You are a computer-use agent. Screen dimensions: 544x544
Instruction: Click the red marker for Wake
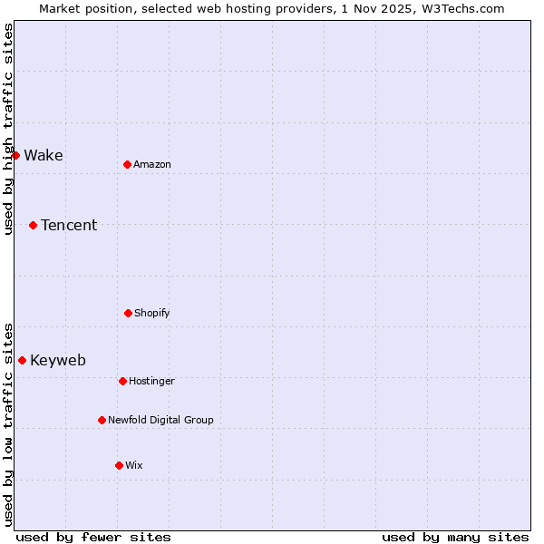[15, 155]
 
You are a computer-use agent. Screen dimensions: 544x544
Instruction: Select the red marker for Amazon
[127, 164]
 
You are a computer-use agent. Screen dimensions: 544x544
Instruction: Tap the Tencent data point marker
[33, 225]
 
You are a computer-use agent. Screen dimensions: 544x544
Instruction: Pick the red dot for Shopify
[128, 313]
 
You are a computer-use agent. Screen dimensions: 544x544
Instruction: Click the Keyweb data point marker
[22, 360]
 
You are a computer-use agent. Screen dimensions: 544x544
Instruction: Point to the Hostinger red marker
[122, 381]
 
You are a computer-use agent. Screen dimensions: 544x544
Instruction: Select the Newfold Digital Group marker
[102, 420]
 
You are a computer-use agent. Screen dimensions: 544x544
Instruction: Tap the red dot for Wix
[119, 465]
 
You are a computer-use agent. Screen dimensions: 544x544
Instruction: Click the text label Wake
[44, 155]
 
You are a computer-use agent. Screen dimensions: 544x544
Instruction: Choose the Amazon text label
[152, 164]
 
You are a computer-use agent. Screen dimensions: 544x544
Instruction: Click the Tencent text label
[69, 225]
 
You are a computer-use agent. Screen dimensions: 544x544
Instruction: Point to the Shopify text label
[152, 313]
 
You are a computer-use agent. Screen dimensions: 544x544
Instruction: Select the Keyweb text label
[58, 360]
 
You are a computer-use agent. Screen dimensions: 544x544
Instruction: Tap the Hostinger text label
[151, 381]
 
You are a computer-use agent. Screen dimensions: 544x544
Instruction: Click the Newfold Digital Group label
[160, 420]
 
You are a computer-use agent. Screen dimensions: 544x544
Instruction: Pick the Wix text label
[134, 465]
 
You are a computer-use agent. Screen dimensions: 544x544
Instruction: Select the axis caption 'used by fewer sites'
[93, 537]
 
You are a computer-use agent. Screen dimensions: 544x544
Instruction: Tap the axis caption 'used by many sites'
[455, 537]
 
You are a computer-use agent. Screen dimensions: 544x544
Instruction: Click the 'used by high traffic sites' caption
[8, 129]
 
